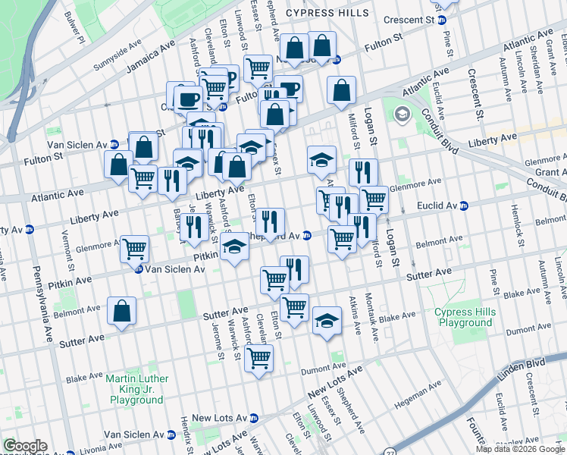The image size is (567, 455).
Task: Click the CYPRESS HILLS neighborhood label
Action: pyautogui.click(x=327, y=12)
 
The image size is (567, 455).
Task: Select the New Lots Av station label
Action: pyautogui.click(x=220, y=418)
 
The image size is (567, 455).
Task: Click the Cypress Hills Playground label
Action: pyautogui.click(x=463, y=317)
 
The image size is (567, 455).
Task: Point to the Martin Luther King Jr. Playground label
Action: pyautogui.click(x=136, y=388)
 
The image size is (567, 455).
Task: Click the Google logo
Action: pyautogui.click(x=25, y=446)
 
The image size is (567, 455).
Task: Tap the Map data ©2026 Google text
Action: pyautogui.click(x=520, y=449)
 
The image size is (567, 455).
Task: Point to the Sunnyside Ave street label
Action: pyautogui.click(x=117, y=60)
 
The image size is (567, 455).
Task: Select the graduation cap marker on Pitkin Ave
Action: pyautogui.click(x=235, y=246)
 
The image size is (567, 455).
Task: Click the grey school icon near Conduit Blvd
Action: pyautogui.click(x=402, y=115)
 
